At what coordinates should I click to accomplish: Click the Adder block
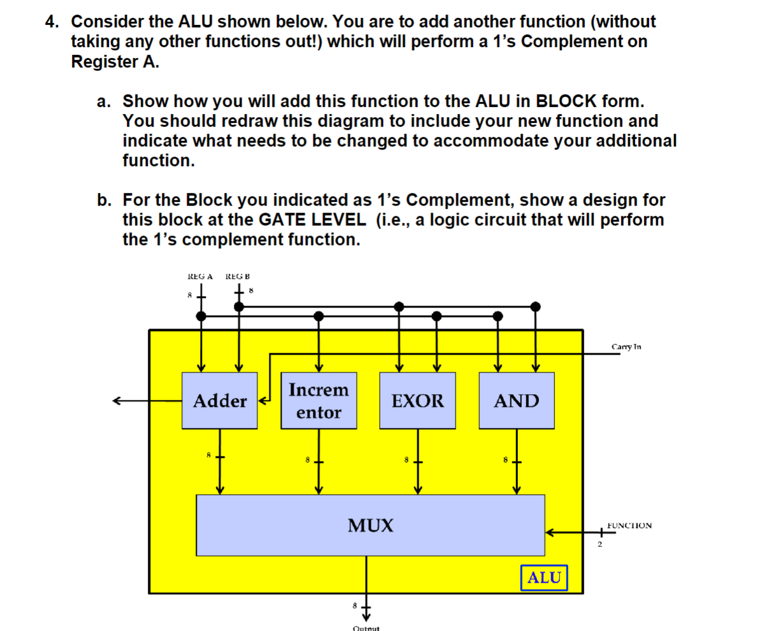coord(220,401)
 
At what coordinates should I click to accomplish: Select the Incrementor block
coord(319,401)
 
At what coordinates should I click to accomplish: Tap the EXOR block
coord(417,401)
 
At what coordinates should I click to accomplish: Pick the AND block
coord(516,401)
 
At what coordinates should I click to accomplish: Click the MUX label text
coord(370,525)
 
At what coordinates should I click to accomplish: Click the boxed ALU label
coord(544,578)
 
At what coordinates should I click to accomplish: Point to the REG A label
coord(199,276)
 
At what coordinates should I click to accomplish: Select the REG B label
coord(238,276)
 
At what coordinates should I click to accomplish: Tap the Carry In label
coord(626,347)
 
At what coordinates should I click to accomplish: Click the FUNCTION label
coord(629,525)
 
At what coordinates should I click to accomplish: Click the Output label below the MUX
coord(366,628)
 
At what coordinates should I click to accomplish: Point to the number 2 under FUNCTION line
coord(599,544)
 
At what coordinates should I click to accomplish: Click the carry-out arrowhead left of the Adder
coord(117,401)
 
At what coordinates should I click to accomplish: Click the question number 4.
coord(52,22)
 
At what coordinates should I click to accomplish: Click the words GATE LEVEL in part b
coord(312,220)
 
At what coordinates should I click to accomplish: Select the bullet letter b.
coord(103,201)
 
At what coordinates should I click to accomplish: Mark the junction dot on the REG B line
coord(239,306)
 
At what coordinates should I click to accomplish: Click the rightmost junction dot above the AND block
coord(536,306)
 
